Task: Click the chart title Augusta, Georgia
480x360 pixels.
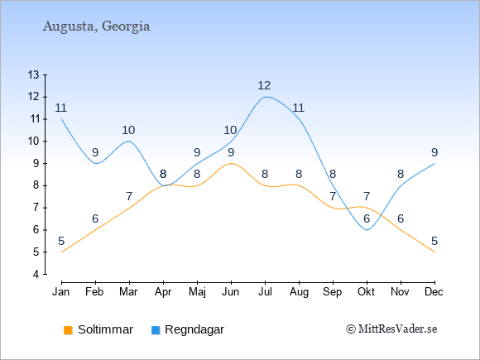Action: (x=97, y=26)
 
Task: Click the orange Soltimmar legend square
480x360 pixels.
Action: (x=68, y=330)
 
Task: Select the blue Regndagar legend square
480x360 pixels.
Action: (x=156, y=330)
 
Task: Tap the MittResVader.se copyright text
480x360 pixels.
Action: (x=391, y=329)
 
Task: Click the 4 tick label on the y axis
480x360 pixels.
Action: (x=36, y=274)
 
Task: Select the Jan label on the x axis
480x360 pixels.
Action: (x=61, y=292)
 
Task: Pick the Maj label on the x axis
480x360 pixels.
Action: (x=197, y=292)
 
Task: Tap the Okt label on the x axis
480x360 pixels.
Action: (x=366, y=292)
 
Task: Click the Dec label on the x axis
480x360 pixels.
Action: (x=434, y=292)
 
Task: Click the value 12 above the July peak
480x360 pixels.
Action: (x=264, y=85)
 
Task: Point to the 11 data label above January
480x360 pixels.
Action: (x=61, y=108)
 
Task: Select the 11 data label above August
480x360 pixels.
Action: (x=298, y=108)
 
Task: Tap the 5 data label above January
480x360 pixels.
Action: (x=61, y=241)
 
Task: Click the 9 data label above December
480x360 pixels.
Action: (x=434, y=152)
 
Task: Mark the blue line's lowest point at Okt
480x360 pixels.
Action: (x=367, y=230)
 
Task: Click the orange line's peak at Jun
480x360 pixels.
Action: (x=231, y=164)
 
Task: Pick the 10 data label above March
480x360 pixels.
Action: (x=128, y=130)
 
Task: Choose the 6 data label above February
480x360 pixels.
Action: (x=95, y=218)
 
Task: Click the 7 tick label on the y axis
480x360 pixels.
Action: (x=36, y=208)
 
